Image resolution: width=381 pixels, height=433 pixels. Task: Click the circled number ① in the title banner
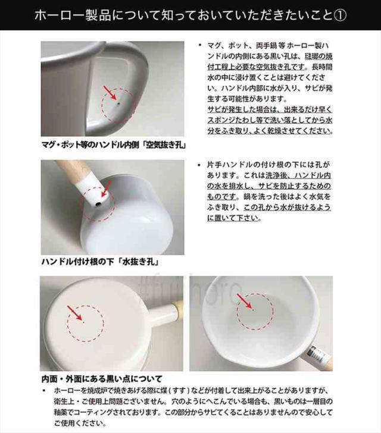[340, 15]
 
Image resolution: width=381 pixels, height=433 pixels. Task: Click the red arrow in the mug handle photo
[110, 92]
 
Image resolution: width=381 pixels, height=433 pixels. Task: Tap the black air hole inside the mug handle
[118, 104]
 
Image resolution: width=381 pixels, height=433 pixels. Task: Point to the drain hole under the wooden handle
[98, 205]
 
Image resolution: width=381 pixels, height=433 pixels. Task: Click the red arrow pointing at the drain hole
[106, 189]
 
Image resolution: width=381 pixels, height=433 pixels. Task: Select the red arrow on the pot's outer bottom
[74, 313]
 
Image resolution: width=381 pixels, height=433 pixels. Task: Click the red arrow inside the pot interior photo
[244, 301]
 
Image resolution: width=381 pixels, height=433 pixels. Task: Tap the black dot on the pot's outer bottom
[84, 322]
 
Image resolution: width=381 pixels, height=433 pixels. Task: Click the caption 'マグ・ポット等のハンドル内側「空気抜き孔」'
[113, 145]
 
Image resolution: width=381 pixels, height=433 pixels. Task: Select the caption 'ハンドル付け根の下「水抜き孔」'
[101, 262]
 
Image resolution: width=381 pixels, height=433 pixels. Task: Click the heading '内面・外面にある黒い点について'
[102, 379]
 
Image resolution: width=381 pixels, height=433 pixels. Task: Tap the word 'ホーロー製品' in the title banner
[73, 15]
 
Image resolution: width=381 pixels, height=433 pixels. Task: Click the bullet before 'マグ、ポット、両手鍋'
[199, 45]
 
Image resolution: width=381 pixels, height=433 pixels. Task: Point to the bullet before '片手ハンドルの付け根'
[199, 165]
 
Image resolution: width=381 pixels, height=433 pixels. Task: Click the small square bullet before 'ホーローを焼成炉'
[43, 391]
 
